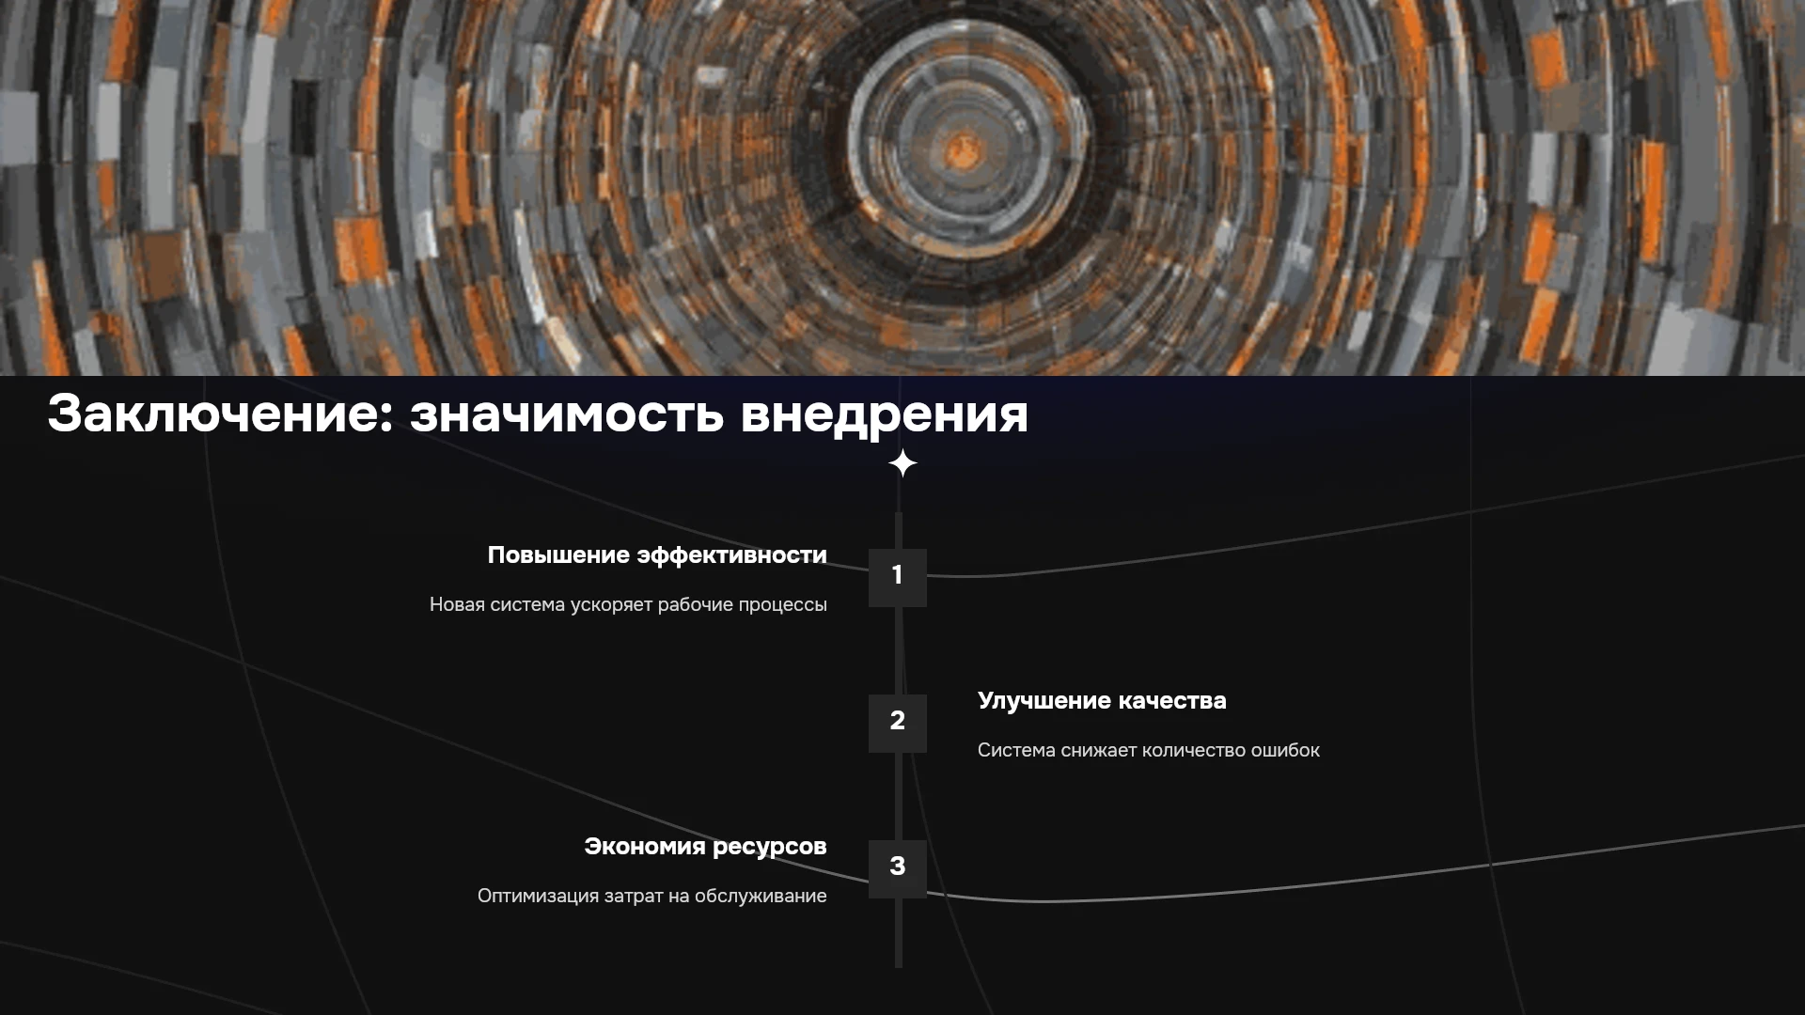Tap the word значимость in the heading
coord(567,414)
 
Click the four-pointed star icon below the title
coord(902,463)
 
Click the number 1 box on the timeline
coord(898,577)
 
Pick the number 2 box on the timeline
coord(898,723)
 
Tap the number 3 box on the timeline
coord(898,868)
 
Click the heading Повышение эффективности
coord(657,555)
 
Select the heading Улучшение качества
coord(1102,701)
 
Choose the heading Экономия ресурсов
coord(705,847)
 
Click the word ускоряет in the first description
coord(611,605)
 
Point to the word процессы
coord(782,605)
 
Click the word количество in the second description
coord(1194,750)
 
